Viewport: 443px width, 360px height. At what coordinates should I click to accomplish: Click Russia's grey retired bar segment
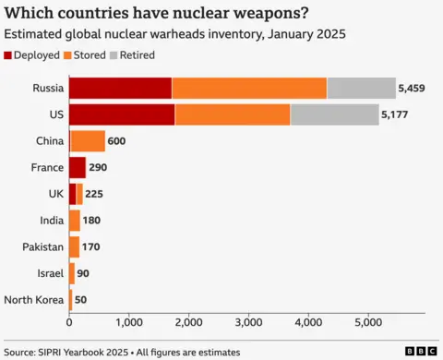(x=361, y=88)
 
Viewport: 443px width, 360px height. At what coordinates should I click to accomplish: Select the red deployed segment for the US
(x=121, y=114)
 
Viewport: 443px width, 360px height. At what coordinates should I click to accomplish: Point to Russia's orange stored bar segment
(x=249, y=88)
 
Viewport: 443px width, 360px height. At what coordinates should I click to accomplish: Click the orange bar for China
(x=88, y=141)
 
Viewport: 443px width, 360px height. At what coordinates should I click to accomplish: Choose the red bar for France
(x=78, y=167)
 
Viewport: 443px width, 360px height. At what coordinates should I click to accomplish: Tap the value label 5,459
(x=412, y=89)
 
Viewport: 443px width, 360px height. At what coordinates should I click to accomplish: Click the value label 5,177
(x=395, y=115)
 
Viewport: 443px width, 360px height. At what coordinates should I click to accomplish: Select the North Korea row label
(x=33, y=300)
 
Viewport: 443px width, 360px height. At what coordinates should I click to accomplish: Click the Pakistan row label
(x=42, y=247)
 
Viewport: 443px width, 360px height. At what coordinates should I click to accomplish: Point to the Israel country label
(x=49, y=273)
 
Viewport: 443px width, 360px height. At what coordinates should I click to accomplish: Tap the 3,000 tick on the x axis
(x=249, y=323)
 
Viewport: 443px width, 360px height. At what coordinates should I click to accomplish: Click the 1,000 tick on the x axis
(x=129, y=323)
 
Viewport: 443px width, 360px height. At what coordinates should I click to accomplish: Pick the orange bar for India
(x=75, y=221)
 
